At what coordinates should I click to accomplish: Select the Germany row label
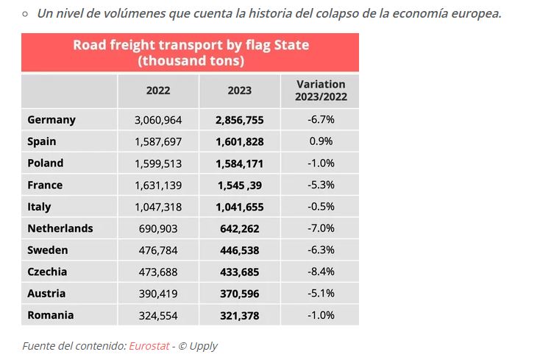pos(51,120)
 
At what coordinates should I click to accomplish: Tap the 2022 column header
pos(158,91)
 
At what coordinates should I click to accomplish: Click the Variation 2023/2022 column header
pos(321,91)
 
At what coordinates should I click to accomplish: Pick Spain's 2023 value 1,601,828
pos(240,141)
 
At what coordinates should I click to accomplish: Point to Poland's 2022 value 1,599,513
pos(158,163)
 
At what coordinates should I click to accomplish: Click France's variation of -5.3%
pos(321,185)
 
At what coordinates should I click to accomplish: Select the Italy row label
pos(40,207)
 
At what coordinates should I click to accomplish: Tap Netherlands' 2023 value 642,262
pos(240,228)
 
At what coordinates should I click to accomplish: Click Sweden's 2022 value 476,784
pos(158,250)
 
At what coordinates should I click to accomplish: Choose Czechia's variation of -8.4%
pos(321,272)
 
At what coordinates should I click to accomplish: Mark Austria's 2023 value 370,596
pos(240,294)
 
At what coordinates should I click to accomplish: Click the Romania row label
pos(51,315)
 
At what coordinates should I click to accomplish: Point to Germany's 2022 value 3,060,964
pos(158,120)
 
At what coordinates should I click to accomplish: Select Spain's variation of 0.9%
pos(321,141)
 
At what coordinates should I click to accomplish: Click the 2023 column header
pos(240,91)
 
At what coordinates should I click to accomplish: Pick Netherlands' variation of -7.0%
pos(321,228)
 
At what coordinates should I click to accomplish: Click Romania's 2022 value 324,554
pos(158,315)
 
